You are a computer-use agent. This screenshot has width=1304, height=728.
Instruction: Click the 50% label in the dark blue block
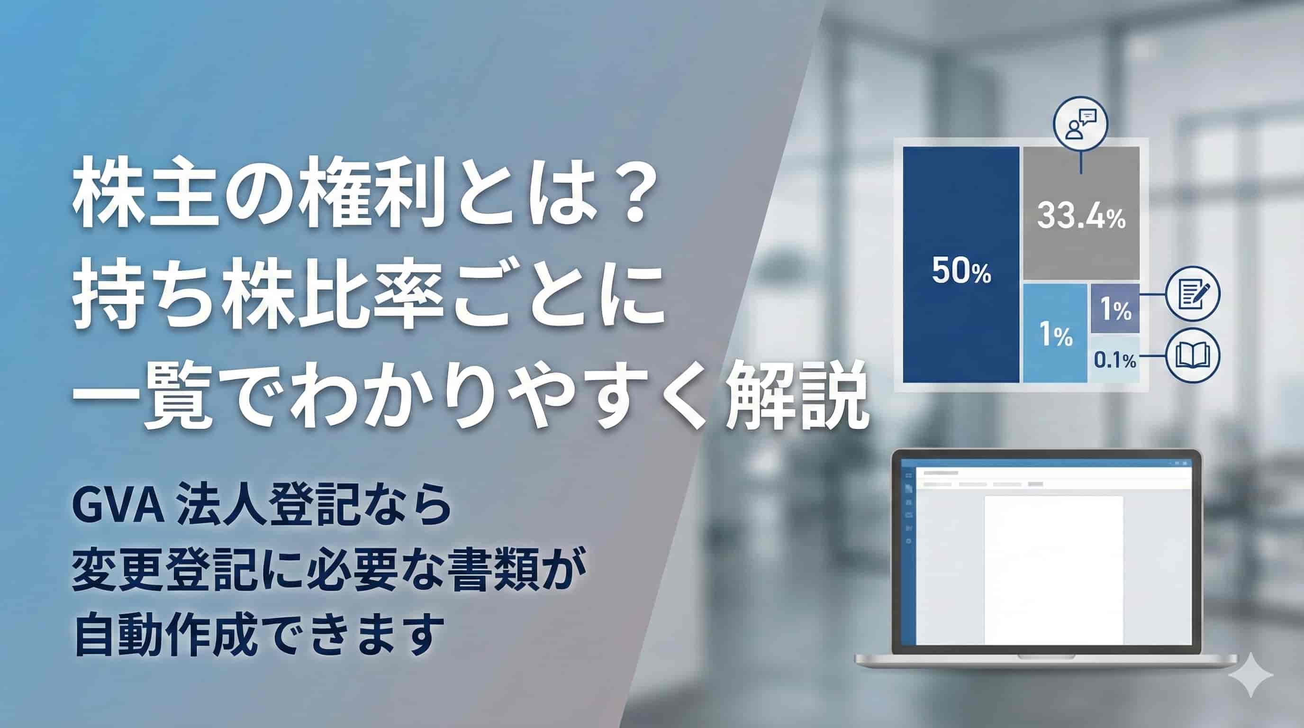click(x=961, y=272)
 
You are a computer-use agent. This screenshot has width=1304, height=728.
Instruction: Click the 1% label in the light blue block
click(x=1055, y=335)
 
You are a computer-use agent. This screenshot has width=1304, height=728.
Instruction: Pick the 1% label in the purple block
click(x=1115, y=309)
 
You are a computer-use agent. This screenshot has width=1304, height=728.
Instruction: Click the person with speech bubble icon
click(x=1081, y=124)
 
